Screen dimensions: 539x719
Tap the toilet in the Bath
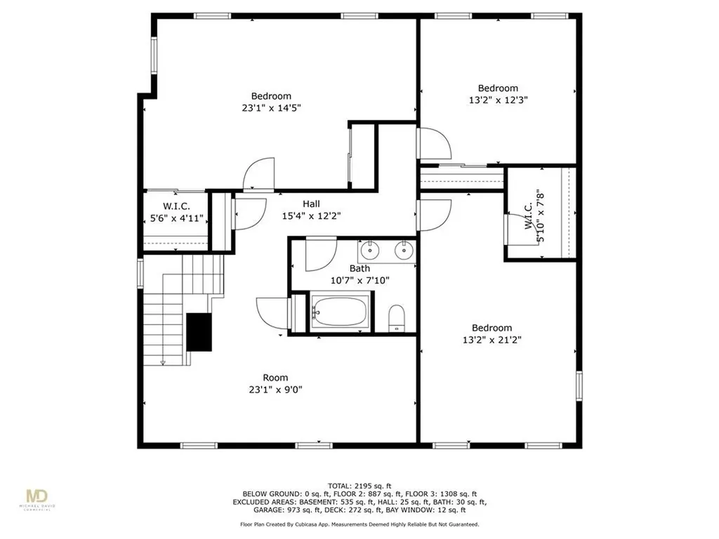pyautogui.click(x=397, y=317)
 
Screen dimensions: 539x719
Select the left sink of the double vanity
pyautogui.click(x=369, y=249)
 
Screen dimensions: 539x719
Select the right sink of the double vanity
pyautogui.click(x=403, y=249)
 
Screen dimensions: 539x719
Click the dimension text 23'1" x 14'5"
pyautogui.click(x=272, y=108)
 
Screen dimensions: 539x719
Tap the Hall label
pyautogui.click(x=312, y=204)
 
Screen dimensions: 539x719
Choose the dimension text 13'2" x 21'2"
pyautogui.click(x=492, y=340)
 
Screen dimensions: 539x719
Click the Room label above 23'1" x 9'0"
pyautogui.click(x=275, y=378)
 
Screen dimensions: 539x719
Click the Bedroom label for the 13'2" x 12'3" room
pyautogui.click(x=498, y=88)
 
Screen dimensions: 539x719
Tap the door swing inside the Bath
pyautogui.click(x=320, y=254)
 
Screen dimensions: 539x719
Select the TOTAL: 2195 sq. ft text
pyautogui.click(x=359, y=486)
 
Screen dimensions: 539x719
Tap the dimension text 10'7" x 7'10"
pyautogui.click(x=359, y=280)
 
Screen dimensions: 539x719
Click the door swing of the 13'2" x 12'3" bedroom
pyautogui.click(x=434, y=145)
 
